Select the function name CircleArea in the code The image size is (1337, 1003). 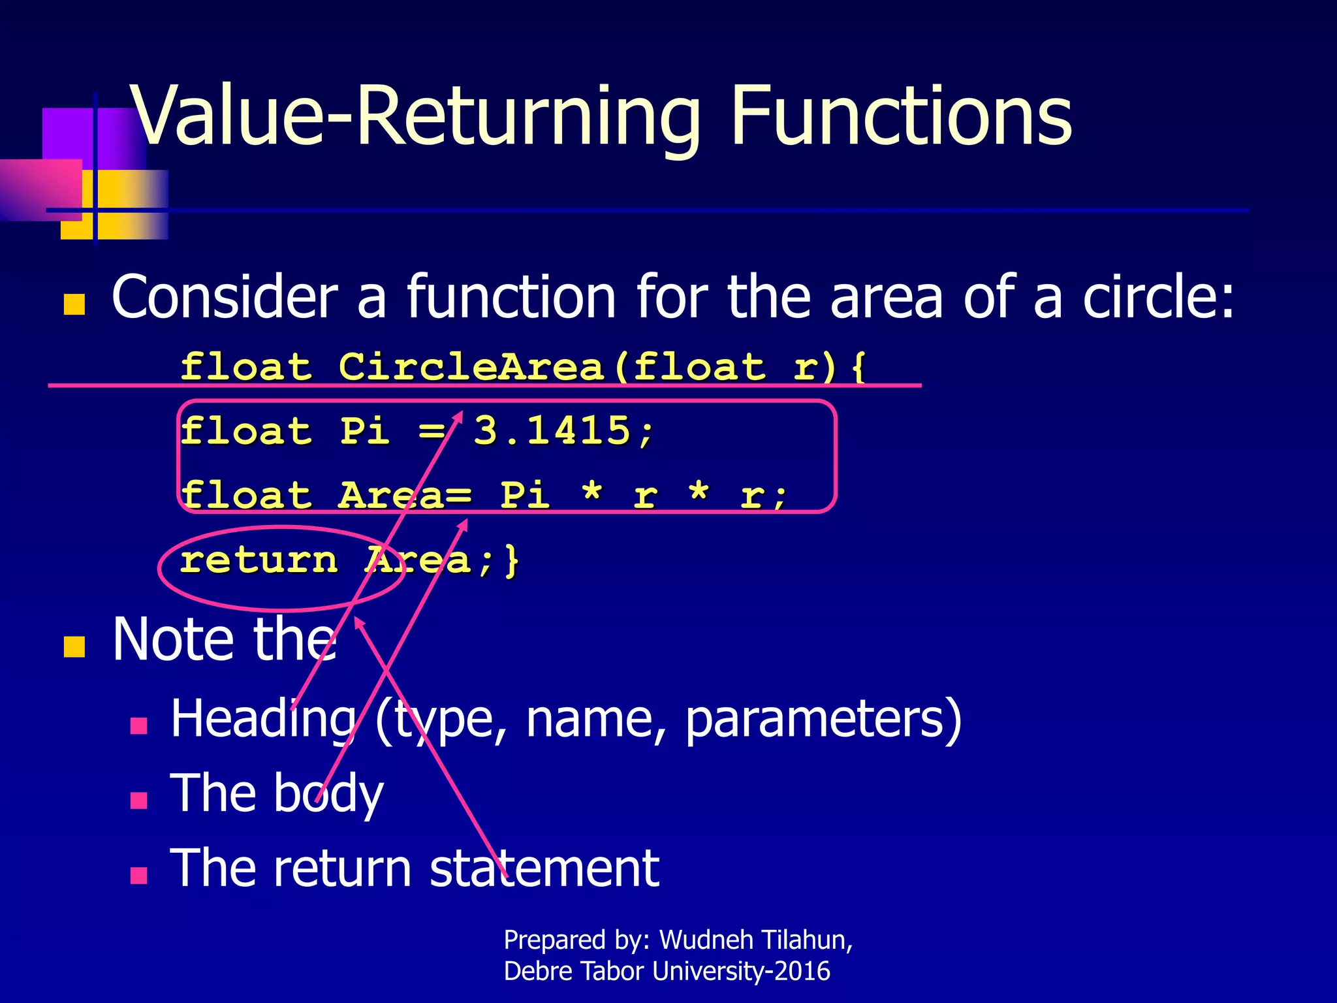471,366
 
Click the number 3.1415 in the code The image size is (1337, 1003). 552,431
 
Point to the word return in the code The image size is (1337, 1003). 259,560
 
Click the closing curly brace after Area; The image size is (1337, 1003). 512,560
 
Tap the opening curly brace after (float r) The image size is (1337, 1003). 859,366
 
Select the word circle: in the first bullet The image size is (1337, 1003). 1158,297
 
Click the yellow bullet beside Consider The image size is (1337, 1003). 74,304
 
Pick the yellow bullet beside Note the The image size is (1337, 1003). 74,646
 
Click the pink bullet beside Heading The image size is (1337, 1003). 138,726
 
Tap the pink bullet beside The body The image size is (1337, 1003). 138,801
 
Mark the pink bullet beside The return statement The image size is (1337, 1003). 138,875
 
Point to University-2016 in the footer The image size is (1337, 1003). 741,972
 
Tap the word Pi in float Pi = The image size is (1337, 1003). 365,431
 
